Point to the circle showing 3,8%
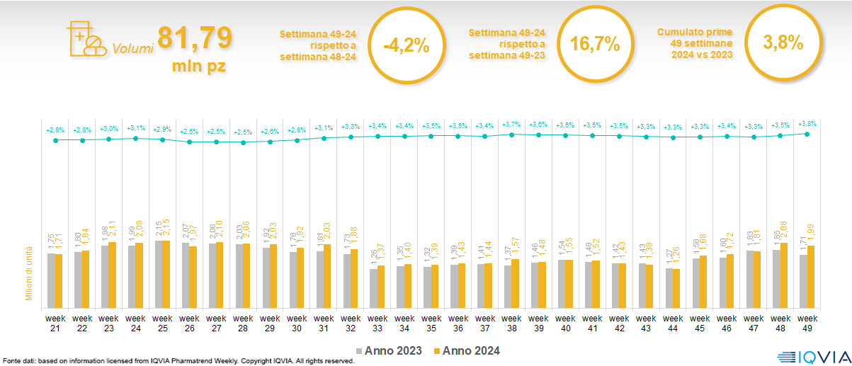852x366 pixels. (783, 42)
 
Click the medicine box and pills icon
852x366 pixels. (84, 38)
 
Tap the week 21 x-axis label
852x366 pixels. (55, 323)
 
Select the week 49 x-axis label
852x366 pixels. (807, 323)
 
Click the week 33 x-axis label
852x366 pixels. (377, 323)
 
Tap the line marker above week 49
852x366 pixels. (807, 134)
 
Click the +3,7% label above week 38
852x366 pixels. (511, 125)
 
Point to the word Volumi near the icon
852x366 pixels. (132, 50)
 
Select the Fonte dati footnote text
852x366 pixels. (177, 361)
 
